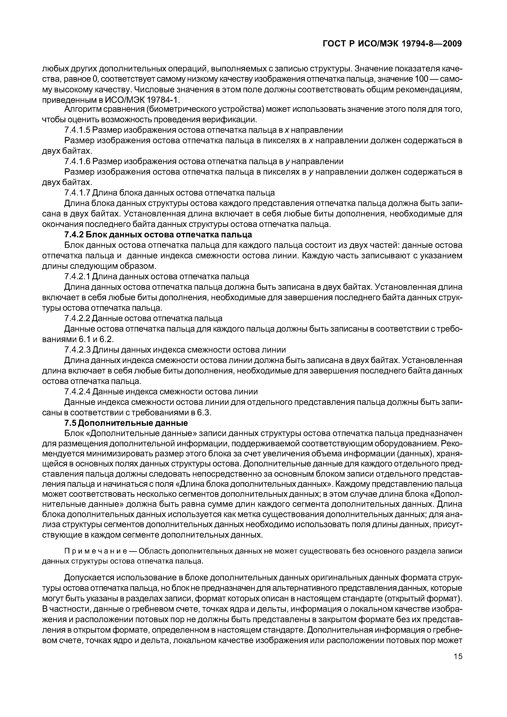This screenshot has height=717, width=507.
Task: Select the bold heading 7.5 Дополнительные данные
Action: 126,423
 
